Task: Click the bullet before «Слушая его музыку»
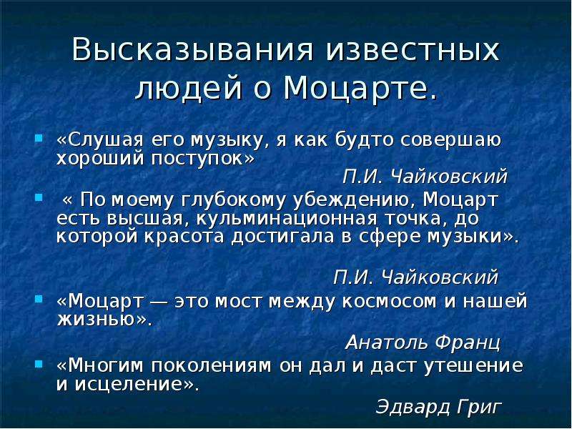pos(39,138)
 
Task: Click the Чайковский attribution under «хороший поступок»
pos(425,177)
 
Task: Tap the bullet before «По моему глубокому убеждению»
pos(39,197)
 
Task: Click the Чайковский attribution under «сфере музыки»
pos(415,277)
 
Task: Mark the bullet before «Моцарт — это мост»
pos(39,300)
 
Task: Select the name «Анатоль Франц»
pos(423,343)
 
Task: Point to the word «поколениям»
pos(211,366)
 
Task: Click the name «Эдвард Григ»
pos(439,406)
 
